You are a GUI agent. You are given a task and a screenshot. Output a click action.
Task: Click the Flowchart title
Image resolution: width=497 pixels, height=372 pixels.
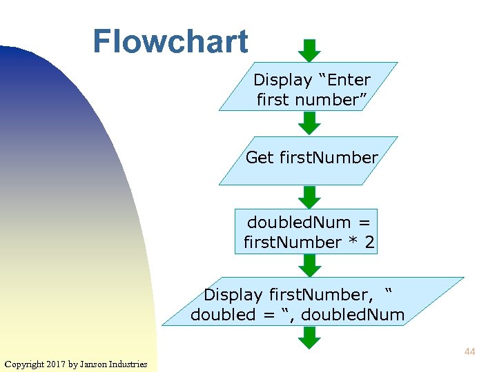(170, 41)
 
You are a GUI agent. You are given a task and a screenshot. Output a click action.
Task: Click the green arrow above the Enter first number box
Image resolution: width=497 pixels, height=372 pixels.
(309, 50)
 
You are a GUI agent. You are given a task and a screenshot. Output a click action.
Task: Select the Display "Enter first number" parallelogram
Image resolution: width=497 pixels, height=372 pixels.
(309, 87)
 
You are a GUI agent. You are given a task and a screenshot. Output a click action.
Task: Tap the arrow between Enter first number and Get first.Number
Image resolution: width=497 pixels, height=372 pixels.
(309, 123)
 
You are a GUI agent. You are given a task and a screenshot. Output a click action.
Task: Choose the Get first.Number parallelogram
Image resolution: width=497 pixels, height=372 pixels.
(309, 160)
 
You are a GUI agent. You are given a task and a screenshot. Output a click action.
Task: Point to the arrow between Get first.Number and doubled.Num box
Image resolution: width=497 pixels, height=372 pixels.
(309, 196)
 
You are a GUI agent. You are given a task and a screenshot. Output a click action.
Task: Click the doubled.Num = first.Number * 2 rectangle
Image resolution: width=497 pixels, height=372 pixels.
(306, 231)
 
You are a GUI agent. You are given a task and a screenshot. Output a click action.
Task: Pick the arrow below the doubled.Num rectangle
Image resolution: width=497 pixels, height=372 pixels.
(309, 265)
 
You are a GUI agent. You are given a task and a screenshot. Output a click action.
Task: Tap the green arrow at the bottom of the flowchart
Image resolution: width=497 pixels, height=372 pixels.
(309, 338)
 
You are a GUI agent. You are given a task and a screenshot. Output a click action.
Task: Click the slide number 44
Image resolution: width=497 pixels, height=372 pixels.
(469, 352)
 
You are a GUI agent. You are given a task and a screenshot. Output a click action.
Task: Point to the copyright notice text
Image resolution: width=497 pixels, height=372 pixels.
(76, 364)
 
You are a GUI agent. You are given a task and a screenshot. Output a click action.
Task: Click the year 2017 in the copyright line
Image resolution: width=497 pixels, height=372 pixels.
(55, 364)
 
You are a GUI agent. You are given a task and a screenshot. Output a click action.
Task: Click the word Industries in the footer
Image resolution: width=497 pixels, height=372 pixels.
(129, 364)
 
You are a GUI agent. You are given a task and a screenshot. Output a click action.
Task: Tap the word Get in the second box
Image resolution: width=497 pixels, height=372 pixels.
(260, 158)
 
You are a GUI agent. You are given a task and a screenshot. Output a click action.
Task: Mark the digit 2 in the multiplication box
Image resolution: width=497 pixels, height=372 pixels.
(370, 242)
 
